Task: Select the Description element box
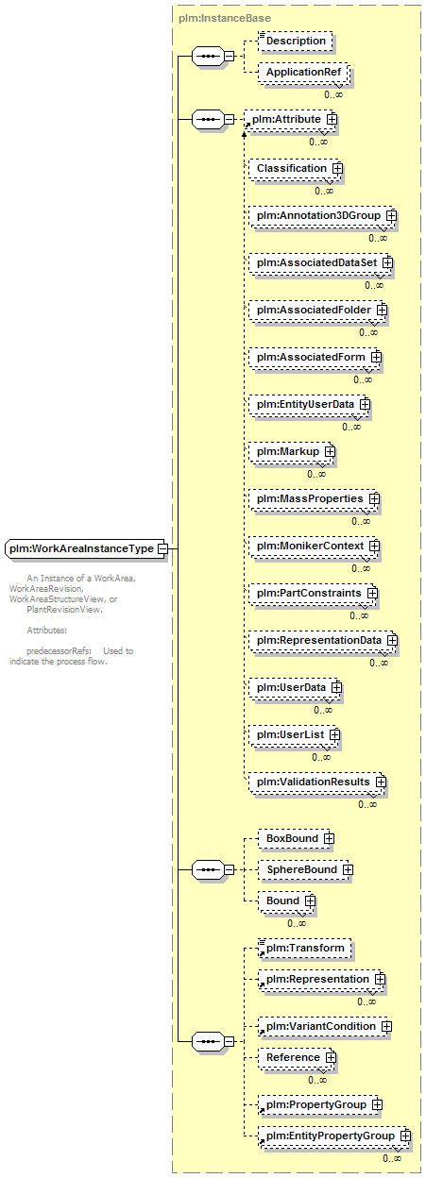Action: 296,41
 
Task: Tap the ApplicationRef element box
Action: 303,72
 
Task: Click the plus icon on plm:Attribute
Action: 332,119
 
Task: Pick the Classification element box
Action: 295,168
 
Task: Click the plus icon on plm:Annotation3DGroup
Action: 391,215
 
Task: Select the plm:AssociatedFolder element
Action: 317,311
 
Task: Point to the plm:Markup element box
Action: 291,452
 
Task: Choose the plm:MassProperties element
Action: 314,499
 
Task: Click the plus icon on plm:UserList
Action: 334,734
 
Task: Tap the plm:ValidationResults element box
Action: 317,782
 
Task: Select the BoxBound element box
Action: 296,838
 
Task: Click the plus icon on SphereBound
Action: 348,870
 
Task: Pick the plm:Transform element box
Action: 304,949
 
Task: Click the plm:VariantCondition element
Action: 324,1027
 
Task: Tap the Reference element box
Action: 297,1057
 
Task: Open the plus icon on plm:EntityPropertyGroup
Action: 405,1136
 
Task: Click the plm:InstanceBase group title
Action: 225,19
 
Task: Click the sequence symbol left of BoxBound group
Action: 209,870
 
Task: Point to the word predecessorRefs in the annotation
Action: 59,651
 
